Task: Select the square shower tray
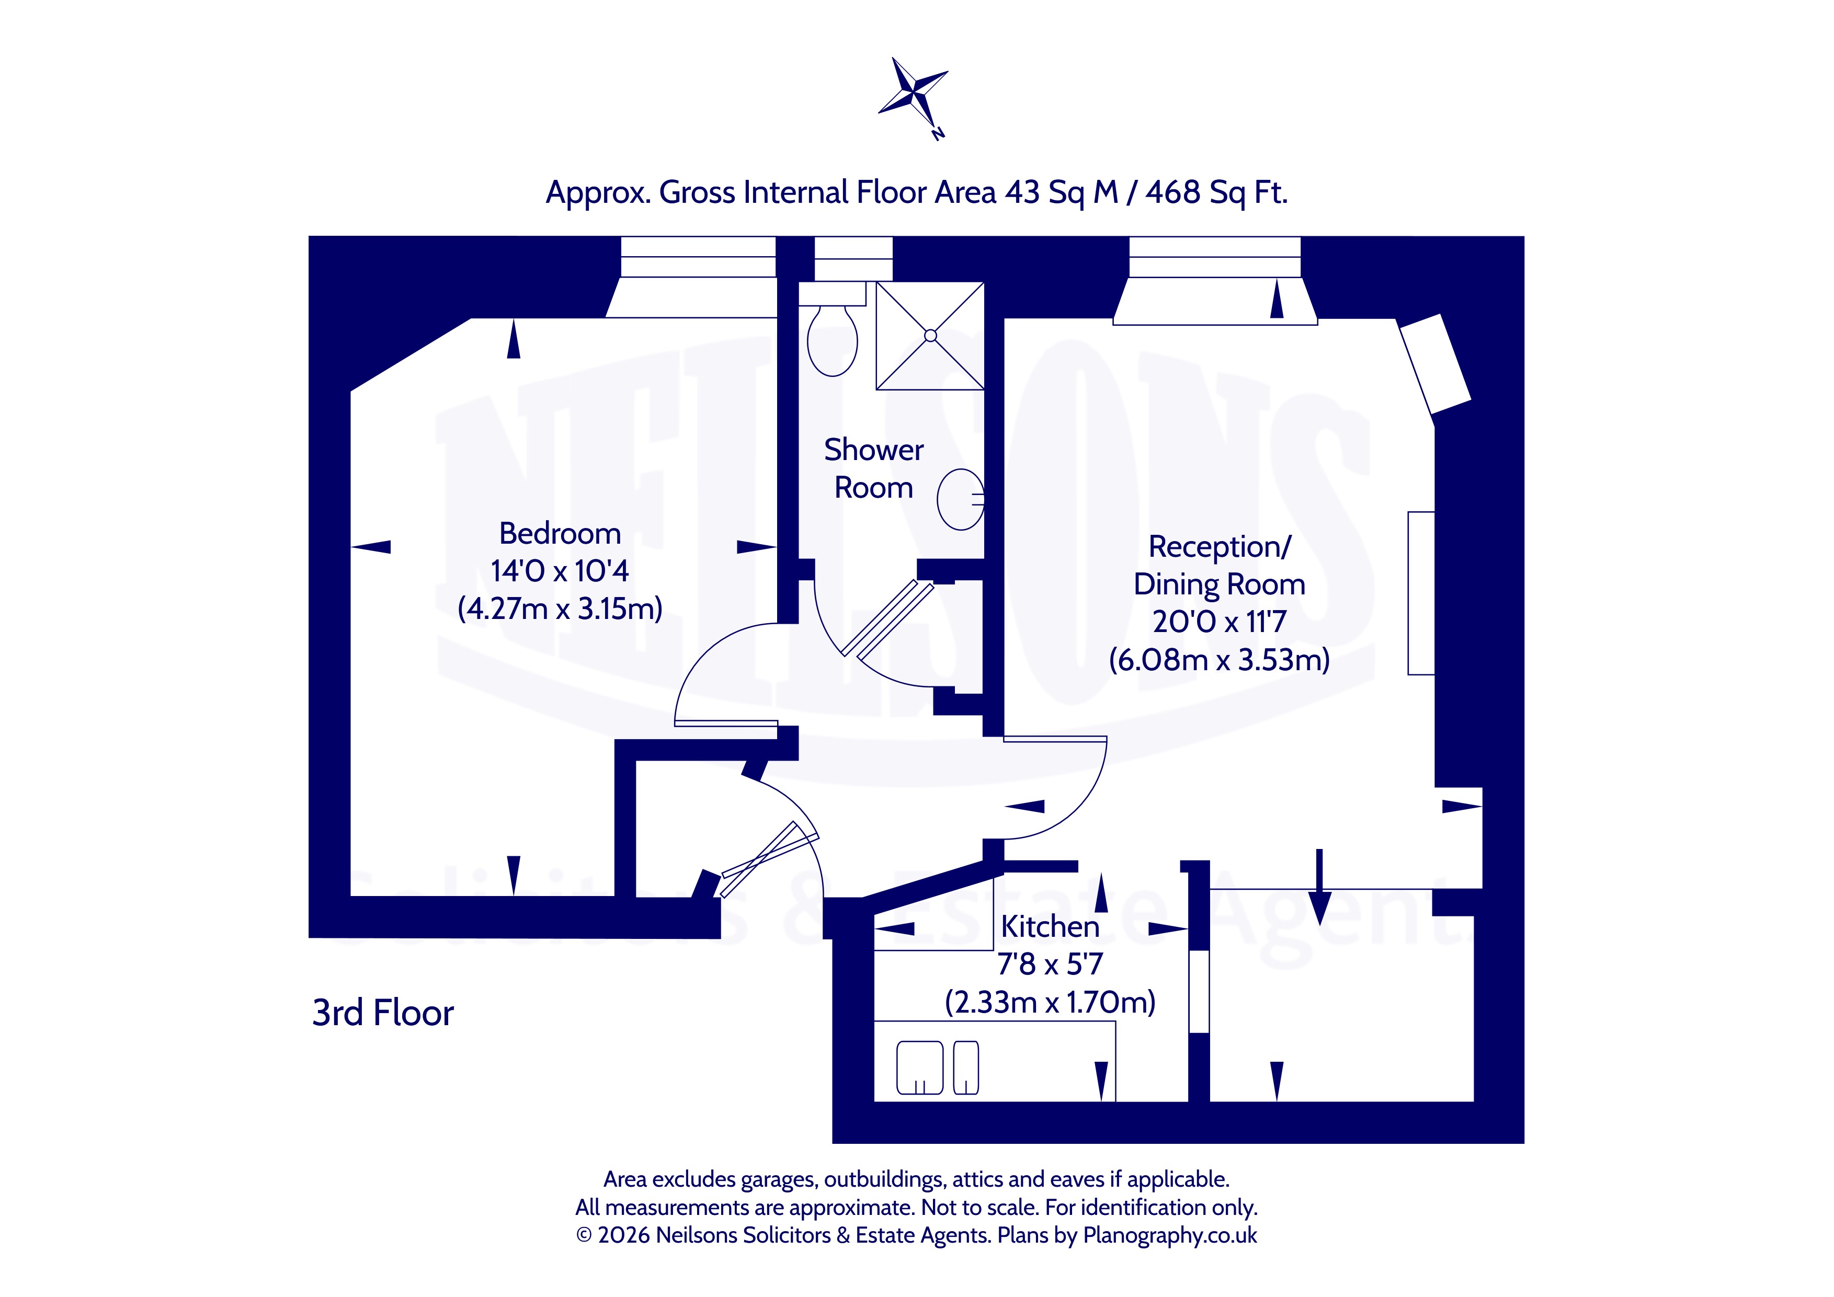(x=930, y=336)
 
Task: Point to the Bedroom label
(x=560, y=533)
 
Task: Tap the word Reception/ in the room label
(x=1220, y=546)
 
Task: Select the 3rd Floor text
(x=383, y=1013)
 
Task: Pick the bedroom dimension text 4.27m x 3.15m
(x=560, y=609)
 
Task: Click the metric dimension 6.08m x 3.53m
(x=1219, y=660)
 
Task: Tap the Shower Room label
(x=874, y=468)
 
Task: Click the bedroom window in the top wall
(x=698, y=256)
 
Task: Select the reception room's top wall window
(x=1215, y=256)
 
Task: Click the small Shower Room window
(x=853, y=258)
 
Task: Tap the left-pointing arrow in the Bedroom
(x=371, y=546)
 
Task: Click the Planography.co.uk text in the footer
(x=1170, y=1235)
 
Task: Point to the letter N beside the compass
(x=939, y=133)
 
